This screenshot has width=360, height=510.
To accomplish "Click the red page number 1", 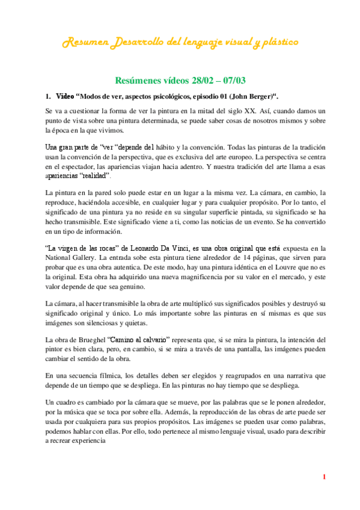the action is tap(324, 478).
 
